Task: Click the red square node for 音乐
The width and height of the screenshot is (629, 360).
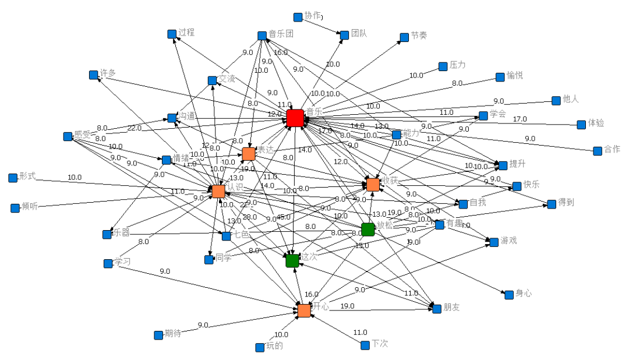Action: (x=295, y=118)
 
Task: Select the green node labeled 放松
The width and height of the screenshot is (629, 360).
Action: (x=367, y=230)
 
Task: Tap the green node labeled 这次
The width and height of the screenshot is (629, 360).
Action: (x=292, y=260)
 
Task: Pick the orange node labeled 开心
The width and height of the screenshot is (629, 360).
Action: (x=304, y=310)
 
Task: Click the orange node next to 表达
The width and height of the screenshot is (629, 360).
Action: (x=249, y=154)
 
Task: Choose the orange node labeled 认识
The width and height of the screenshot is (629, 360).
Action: (x=218, y=191)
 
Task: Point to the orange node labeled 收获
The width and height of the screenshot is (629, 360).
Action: (x=373, y=185)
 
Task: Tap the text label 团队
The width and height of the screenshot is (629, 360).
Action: (x=359, y=33)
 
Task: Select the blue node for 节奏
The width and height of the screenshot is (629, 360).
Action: (x=404, y=37)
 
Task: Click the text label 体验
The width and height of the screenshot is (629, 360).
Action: (x=596, y=123)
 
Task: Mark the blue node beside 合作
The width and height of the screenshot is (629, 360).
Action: (x=598, y=151)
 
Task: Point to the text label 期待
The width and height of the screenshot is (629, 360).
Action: (x=172, y=333)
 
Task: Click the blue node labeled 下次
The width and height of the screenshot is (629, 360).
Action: (x=365, y=345)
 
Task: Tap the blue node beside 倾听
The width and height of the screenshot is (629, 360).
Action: (x=15, y=208)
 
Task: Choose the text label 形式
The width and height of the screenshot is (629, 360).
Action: (x=27, y=177)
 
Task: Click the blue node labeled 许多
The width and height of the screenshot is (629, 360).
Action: (x=93, y=75)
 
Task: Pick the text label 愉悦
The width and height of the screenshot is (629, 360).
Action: (x=514, y=75)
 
